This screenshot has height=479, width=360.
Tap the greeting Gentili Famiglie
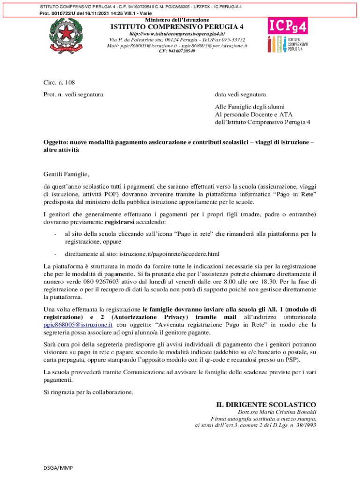pyautogui.click(x=66, y=174)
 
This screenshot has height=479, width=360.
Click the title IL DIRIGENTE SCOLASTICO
pyautogui.click(x=266, y=404)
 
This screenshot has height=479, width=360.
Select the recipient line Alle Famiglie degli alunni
pyautogui.click(x=250, y=107)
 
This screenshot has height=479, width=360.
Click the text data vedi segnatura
pyautogui.click(x=240, y=94)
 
